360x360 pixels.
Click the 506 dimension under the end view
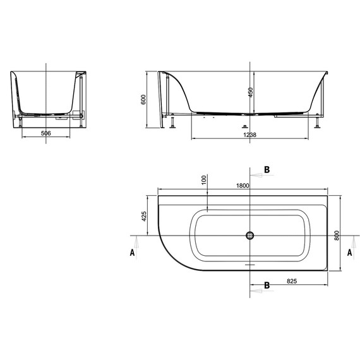coord(46,133)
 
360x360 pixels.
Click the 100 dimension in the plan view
coord(204,180)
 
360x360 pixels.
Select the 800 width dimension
coord(338,235)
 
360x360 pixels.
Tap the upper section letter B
coord(267,170)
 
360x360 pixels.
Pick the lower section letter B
coord(267,285)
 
